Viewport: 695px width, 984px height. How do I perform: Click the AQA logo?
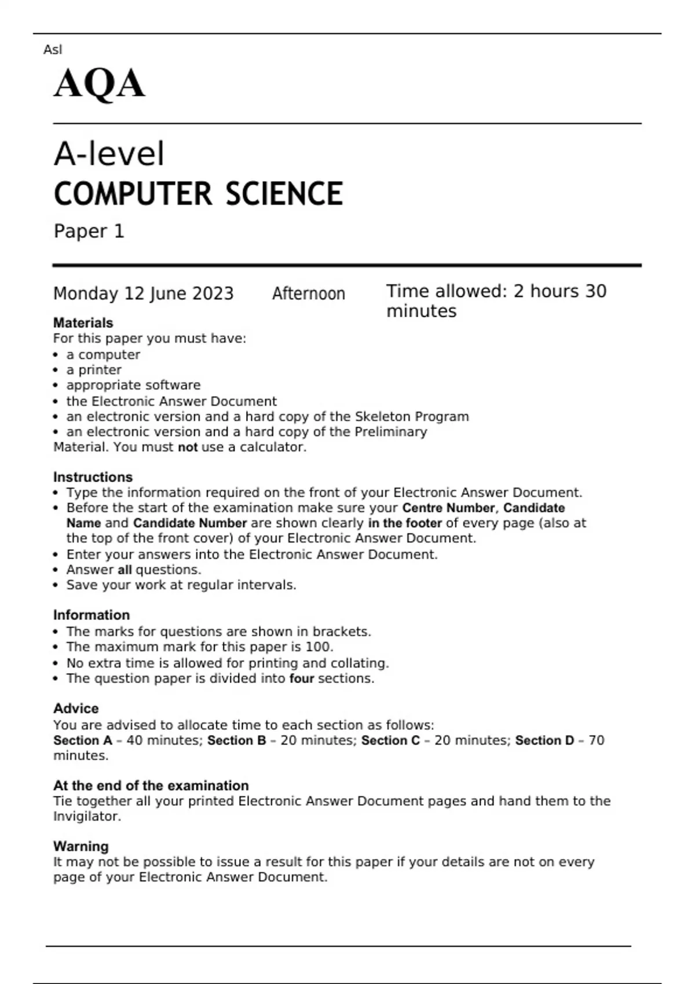tap(99, 83)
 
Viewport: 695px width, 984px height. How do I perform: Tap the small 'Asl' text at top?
tap(52, 50)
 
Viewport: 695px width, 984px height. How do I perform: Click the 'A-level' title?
tap(109, 154)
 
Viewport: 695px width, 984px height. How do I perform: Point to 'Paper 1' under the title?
tap(89, 231)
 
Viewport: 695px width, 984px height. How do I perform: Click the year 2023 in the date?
tap(213, 293)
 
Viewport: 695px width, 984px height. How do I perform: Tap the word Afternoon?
tap(308, 293)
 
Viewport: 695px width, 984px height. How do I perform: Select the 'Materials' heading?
tap(83, 323)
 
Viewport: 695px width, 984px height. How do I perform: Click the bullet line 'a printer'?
tap(93, 370)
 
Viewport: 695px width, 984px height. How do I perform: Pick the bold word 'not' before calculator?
tap(188, 447)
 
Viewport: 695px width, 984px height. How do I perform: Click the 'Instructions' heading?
tap(93, 477)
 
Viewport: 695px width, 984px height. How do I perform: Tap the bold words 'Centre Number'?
tap(448, 508)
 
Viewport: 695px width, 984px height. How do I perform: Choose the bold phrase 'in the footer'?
tap(405, 523)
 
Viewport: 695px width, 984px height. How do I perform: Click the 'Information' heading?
tap(91, 615)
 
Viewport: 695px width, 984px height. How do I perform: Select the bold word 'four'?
tap(301, 678)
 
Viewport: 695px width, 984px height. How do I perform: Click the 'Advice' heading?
tap(76, 708)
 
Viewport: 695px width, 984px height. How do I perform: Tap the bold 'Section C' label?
tap(390, 740)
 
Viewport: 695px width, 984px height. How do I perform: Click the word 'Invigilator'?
tap(87, 816)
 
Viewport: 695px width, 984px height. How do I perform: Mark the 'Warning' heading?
tap(81, 846)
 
